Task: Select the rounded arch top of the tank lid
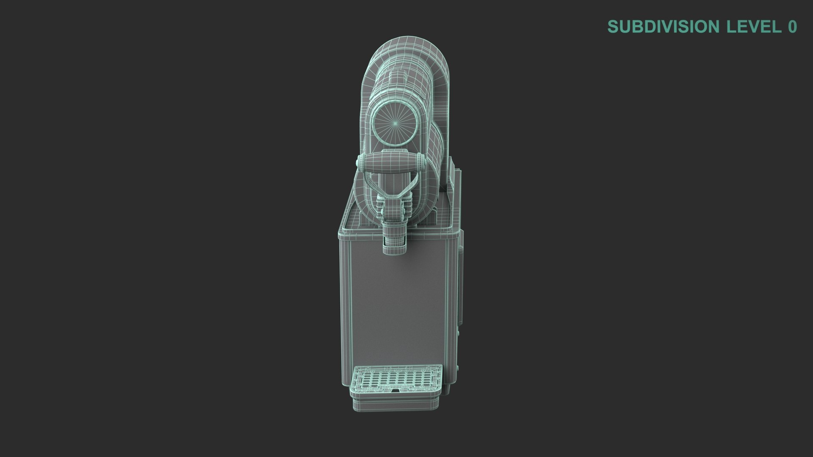click(406, 51)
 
